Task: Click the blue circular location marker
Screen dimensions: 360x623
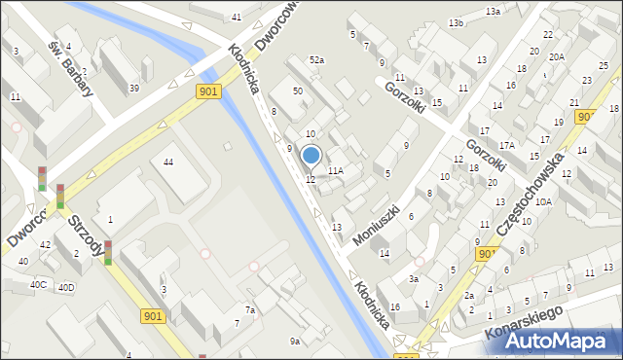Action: click(311, 155)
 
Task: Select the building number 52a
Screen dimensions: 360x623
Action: click(316, 60)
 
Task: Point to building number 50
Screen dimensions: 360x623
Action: click(298, 90)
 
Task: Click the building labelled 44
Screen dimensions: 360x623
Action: click(168, 161)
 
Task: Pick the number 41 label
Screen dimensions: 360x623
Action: click(237, 18)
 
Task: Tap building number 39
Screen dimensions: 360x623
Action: click(134, 89)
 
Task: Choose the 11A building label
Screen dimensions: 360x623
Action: click(336, 170)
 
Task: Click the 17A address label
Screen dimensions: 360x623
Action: click(506, 145)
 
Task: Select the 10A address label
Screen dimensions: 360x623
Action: click(544, 201)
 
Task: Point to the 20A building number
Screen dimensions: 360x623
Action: click(556, 57)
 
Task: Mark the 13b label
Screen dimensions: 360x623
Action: click(456, 22)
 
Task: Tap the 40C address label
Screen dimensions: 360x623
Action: click(38, 284)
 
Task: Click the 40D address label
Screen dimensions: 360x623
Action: click(66, 287)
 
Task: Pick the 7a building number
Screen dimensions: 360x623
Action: click(249, 310)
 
